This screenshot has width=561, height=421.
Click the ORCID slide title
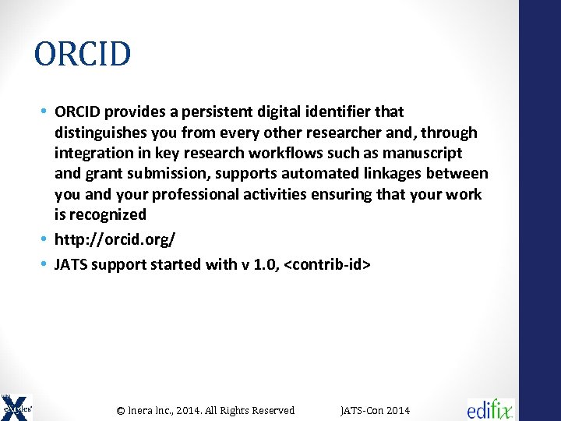(x=83, y=55)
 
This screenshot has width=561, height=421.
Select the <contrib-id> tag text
(x=328, y=265)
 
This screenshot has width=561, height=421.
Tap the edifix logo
(x=491, y=409)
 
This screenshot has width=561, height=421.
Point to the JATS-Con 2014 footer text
(x=376, y=410)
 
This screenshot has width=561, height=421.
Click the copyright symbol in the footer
(x=121, y=410)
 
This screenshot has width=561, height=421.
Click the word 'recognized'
(x=108, y=214)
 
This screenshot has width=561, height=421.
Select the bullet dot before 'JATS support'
(x=46, y=265)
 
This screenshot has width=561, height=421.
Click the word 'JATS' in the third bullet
(x=71, y=265)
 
